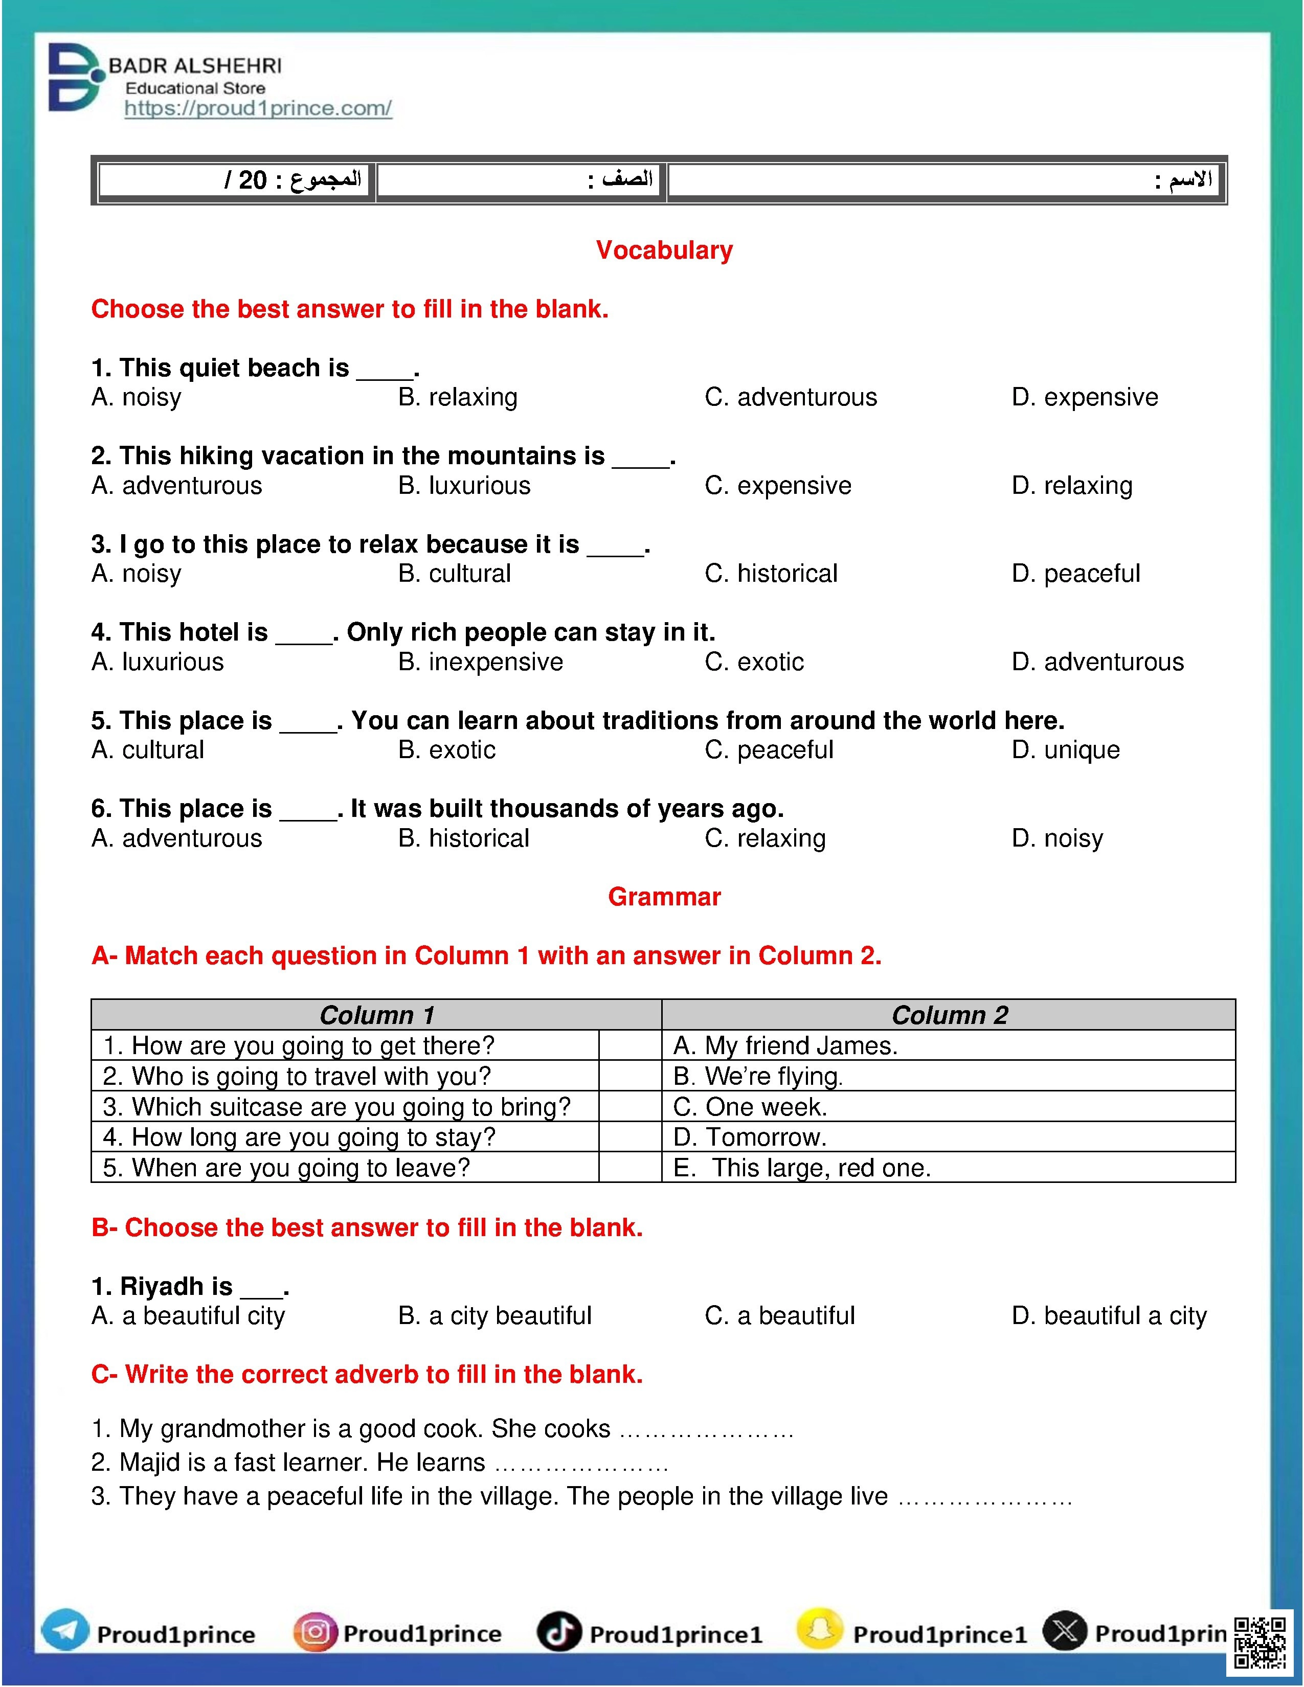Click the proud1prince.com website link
(258, 108)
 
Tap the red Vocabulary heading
(664, 250)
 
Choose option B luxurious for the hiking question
(464, 485)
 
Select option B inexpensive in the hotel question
(481, 662)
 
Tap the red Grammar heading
(664, 897)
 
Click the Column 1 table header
(377, 1015)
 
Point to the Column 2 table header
(950, 1015)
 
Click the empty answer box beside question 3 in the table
(629, 1107)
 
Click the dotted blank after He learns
(581, 1464)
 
